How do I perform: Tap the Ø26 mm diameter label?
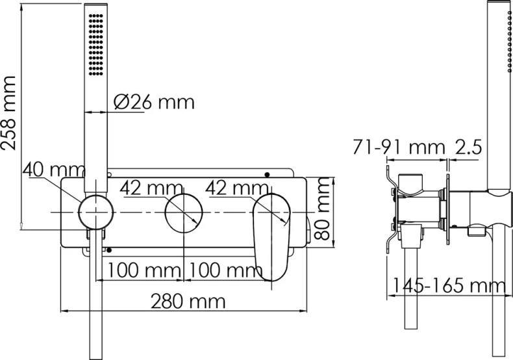153,102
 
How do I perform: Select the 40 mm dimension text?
53,170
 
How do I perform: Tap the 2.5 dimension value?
467,148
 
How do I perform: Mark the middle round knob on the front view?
183,212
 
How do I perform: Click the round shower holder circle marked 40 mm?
95,212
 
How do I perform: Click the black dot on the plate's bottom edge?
110,250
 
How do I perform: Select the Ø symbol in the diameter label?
121,102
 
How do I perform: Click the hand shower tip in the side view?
499,13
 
